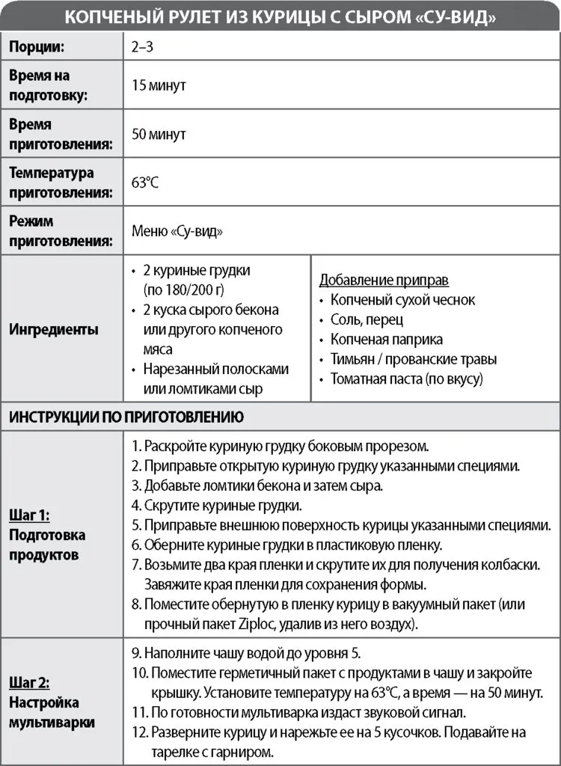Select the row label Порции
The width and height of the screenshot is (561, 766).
coord(37,46)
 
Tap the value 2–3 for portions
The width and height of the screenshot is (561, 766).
coord(141,46)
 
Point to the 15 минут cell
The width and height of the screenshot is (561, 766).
coord(159,85)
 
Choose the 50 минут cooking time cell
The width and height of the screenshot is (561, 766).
coord(159,135)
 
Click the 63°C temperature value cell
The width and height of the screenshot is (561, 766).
coord(147,183)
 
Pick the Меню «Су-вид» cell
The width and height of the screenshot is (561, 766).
coord(177,231)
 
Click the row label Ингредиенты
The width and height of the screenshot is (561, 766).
coord(54,329)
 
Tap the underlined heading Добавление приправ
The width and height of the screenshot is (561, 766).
coord(384,281)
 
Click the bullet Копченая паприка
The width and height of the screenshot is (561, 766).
coord(387,340)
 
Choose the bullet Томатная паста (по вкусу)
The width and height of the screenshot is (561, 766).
coord(407,379)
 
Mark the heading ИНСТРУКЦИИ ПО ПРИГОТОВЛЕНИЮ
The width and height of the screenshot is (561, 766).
coord(126,417)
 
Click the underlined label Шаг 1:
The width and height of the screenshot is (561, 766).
coord(30,515)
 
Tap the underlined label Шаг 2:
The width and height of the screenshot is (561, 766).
coord(30,683)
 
